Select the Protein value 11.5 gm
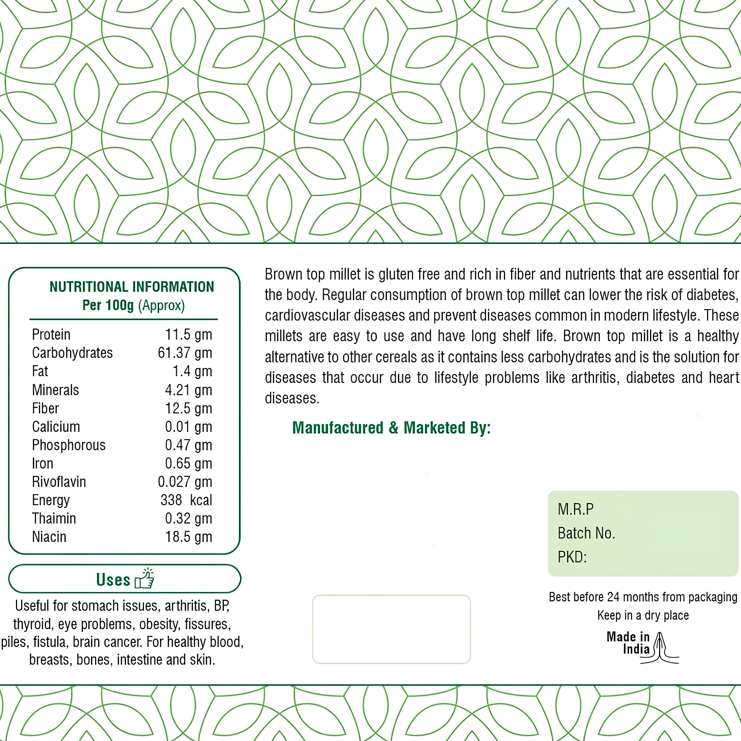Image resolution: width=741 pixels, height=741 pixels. click(188, 335)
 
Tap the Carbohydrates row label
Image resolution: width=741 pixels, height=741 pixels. click(72, 353)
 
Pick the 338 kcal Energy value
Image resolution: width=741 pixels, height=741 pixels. click(186, 500)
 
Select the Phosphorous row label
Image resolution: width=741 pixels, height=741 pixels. click(69, 445)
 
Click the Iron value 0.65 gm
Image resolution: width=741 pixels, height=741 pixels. click(188, 463)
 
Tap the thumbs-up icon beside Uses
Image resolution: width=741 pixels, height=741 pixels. click(145, 579)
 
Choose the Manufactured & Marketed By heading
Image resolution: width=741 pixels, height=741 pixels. click(391, 428)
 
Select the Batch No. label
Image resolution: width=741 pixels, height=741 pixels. click(586, 533)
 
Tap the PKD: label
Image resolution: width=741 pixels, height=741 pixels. click(572, 557)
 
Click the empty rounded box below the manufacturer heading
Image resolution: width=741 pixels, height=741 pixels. click(391, 629)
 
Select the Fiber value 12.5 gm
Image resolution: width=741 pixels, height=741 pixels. click(188, 408)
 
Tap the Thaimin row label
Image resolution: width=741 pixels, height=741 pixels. click(54, 519)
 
